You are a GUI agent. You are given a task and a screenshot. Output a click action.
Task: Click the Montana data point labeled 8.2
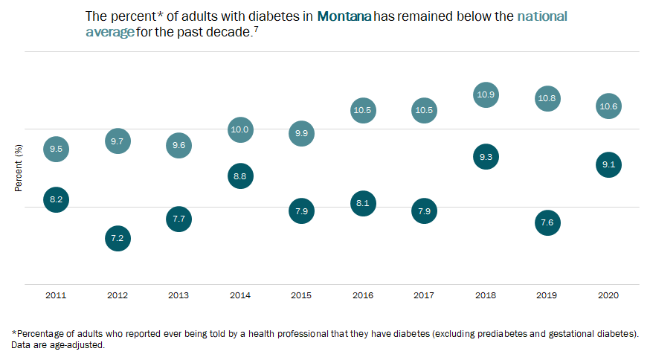coord(56,199)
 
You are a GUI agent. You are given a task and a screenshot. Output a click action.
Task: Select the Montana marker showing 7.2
coord(118,239)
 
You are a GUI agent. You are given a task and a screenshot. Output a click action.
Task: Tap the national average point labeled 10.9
coord(486,95)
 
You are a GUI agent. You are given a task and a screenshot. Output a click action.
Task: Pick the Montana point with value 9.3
coord(486,157)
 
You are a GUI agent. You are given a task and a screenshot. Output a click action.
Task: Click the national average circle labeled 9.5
coord(56,150)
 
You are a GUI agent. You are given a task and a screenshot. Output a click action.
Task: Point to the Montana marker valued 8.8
coord(239,176)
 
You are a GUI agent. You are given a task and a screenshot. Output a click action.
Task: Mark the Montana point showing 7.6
coord(547,223)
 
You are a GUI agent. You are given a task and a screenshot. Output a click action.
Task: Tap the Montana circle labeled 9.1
coord(608,165)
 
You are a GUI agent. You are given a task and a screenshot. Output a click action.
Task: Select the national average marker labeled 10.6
coord(608,107)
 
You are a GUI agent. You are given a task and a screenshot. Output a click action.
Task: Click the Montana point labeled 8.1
coord(363,203)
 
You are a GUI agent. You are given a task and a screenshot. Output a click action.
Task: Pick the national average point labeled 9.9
coord(301,134)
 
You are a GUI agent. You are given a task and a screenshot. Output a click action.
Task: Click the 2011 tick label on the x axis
coord(56,295)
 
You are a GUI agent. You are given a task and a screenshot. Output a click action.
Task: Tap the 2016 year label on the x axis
coord(363,295)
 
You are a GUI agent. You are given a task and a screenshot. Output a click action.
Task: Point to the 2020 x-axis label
coord(608,295)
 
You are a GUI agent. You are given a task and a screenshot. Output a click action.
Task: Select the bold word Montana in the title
coord(344,16)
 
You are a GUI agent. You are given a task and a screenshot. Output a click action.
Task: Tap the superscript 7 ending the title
coord(255,28)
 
